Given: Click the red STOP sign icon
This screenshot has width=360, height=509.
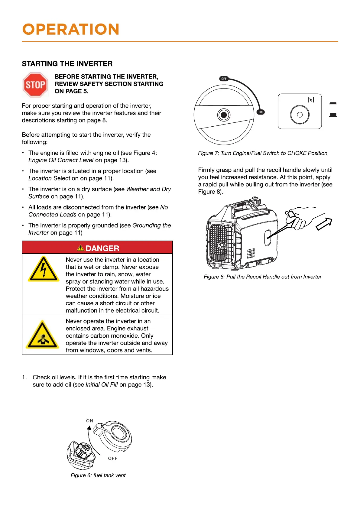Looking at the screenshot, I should (x=35, y=85).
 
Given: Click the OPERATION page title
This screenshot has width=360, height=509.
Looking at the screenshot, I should (x=71, y=29).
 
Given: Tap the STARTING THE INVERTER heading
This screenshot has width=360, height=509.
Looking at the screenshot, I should (x=67, y=64).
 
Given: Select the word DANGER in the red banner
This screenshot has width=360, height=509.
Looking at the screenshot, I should (x=102, y=248).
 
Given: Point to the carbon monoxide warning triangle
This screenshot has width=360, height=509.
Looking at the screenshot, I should (x=43, y=336).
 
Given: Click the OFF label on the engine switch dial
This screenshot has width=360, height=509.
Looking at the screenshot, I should (x=224, y=79).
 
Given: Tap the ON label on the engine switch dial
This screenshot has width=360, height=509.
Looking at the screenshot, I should (x=261, y=112).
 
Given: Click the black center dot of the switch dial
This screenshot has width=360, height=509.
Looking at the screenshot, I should (x=224, y=115).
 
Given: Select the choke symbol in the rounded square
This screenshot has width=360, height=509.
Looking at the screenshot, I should (x=310, y=100).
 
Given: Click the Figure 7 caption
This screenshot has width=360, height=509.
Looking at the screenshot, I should (x=262, y=153).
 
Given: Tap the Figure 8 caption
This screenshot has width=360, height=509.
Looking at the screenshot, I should (x=262, y=277).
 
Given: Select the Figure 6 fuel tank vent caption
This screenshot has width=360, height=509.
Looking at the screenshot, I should (x=98, y=475).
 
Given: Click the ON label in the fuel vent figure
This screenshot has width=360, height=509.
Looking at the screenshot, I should (x=90, y=421).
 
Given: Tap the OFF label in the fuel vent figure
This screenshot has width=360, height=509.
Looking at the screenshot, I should (x=113, y=459).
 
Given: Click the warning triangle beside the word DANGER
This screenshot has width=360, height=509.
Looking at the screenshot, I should (x=80, y=248).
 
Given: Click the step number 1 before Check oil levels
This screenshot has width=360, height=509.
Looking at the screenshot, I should (x=24, y=378).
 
